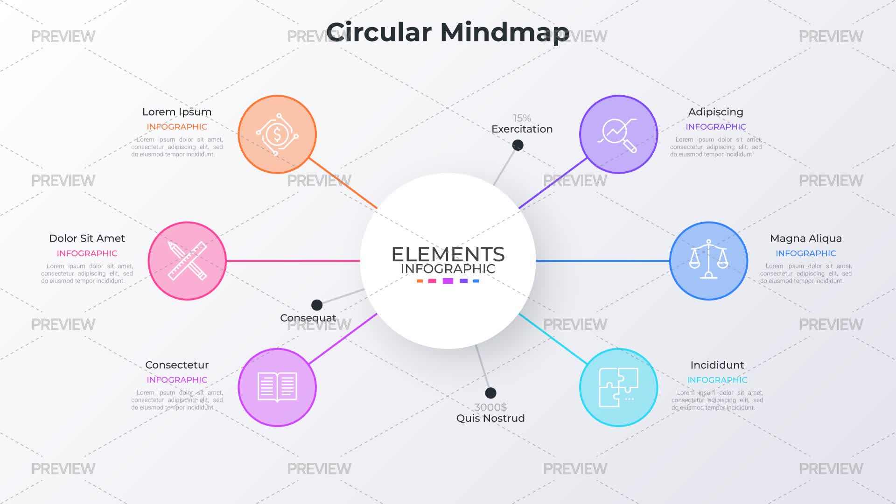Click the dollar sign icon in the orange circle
[277, 134]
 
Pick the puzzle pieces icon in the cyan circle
[618, 387]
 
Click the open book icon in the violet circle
[277, 387]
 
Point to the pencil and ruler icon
[187, 260]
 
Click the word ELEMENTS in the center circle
[448, 254]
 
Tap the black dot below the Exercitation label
[518, 145]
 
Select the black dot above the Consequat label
[317, 305]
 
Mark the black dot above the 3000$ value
[490, 393]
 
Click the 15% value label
[522, 118]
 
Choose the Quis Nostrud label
[490, 418]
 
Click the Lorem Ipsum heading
[177, 112]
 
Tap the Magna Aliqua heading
[806, 238]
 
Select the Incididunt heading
[717, 365]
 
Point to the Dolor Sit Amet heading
[87, 238]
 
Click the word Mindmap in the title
[504, 33]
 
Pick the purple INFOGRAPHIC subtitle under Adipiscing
[716, 127]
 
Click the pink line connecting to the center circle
[293, 261]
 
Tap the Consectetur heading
[177, 365]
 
